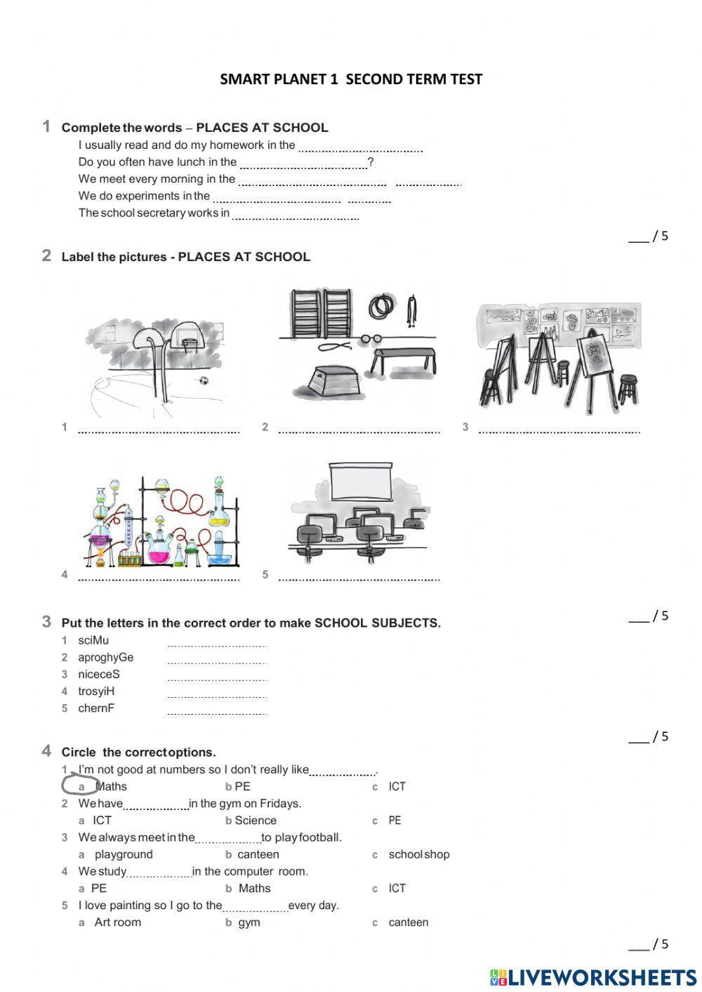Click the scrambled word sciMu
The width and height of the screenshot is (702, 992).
(x=93, y=640)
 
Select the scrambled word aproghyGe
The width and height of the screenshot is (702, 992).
(x=105, y=657)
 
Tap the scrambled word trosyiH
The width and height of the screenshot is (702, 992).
(x=96, y=691)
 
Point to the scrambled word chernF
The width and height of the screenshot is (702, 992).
(x=96, y=708)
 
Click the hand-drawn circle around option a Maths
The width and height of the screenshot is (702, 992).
(x=80, y=786)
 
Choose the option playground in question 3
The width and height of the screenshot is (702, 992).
(x=124, y=854)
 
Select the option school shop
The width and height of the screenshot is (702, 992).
(x=419, y=854)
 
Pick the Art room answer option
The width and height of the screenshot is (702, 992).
(x=117, y=922)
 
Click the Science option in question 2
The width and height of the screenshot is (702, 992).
(x=256, y=820)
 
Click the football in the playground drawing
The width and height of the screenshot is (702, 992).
(x=204, y=381)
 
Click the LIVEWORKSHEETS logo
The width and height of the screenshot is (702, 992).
(x=593, y=977)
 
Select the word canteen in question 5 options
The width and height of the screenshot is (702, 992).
(x=409, y=922)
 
